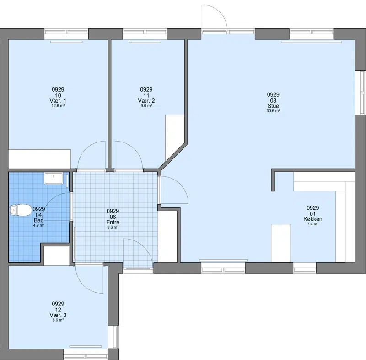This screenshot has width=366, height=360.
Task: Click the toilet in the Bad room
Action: pos(21,210)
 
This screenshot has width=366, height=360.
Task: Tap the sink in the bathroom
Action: pos(54,179)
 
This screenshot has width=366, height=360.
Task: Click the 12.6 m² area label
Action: pos(58,106)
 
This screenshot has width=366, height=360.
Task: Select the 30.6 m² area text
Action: pos(273,111)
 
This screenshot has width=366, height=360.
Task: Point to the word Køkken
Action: pos(313,219)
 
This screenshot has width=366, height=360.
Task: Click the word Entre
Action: pos(113,222)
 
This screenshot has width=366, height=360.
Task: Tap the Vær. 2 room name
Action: pos(146,101)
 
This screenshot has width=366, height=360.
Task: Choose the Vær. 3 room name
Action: pos(58,315)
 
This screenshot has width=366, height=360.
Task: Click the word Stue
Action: pos(273,106)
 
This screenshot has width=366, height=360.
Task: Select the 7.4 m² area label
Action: pos(313,224)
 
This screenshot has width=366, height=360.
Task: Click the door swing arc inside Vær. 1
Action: pos(84,149)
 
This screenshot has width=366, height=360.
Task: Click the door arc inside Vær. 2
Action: pos(135,149)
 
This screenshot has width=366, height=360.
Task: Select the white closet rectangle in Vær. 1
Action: pos(39,159)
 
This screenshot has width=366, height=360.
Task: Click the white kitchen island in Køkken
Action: pos(281,243)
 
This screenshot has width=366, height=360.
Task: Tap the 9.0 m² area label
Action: pos(146,106)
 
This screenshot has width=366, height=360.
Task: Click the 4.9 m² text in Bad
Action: pos(39,226)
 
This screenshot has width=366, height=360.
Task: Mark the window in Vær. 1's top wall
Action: pos(66,34)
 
